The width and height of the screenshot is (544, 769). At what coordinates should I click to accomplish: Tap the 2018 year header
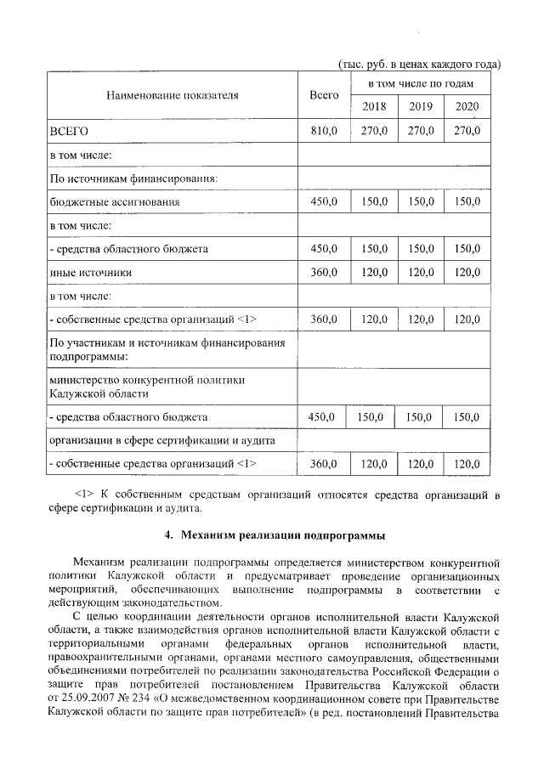pyautogui.click(x=374, y=106)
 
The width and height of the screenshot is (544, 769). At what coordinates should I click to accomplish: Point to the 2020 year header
pyautogui.click(x=467, y=106)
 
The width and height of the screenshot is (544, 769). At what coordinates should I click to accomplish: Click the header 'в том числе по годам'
pyautogui.click(x=421, y=85)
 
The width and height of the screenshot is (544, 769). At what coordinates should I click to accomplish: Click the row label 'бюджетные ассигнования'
pyautogui.click(x=116, y=202)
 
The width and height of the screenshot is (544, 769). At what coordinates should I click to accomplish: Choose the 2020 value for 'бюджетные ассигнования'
pyautogui.click(x=467, y=202)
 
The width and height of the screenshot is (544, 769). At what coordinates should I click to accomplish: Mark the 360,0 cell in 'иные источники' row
pyautogui.click(x=324, y=272)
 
